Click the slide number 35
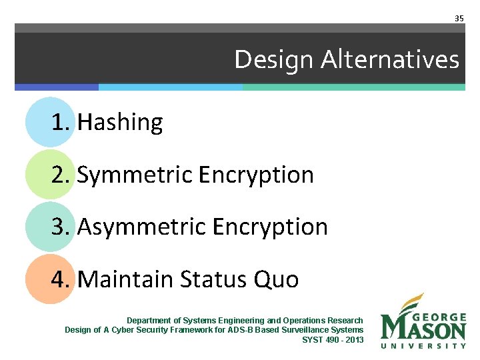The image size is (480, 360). point(459,18)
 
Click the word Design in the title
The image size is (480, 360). point(274,60)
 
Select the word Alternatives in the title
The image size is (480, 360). point(390,60)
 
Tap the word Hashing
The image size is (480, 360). point(120,123)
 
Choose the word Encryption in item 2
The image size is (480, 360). point(256,175)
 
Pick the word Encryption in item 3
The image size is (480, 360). point(270,227)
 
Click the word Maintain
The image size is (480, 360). point(125,279)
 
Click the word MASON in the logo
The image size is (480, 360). point(423,329)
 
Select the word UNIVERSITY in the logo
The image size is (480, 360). point(423,345)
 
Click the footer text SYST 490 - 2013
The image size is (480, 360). point(333,339)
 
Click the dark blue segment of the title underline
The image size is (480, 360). point(57,87)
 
